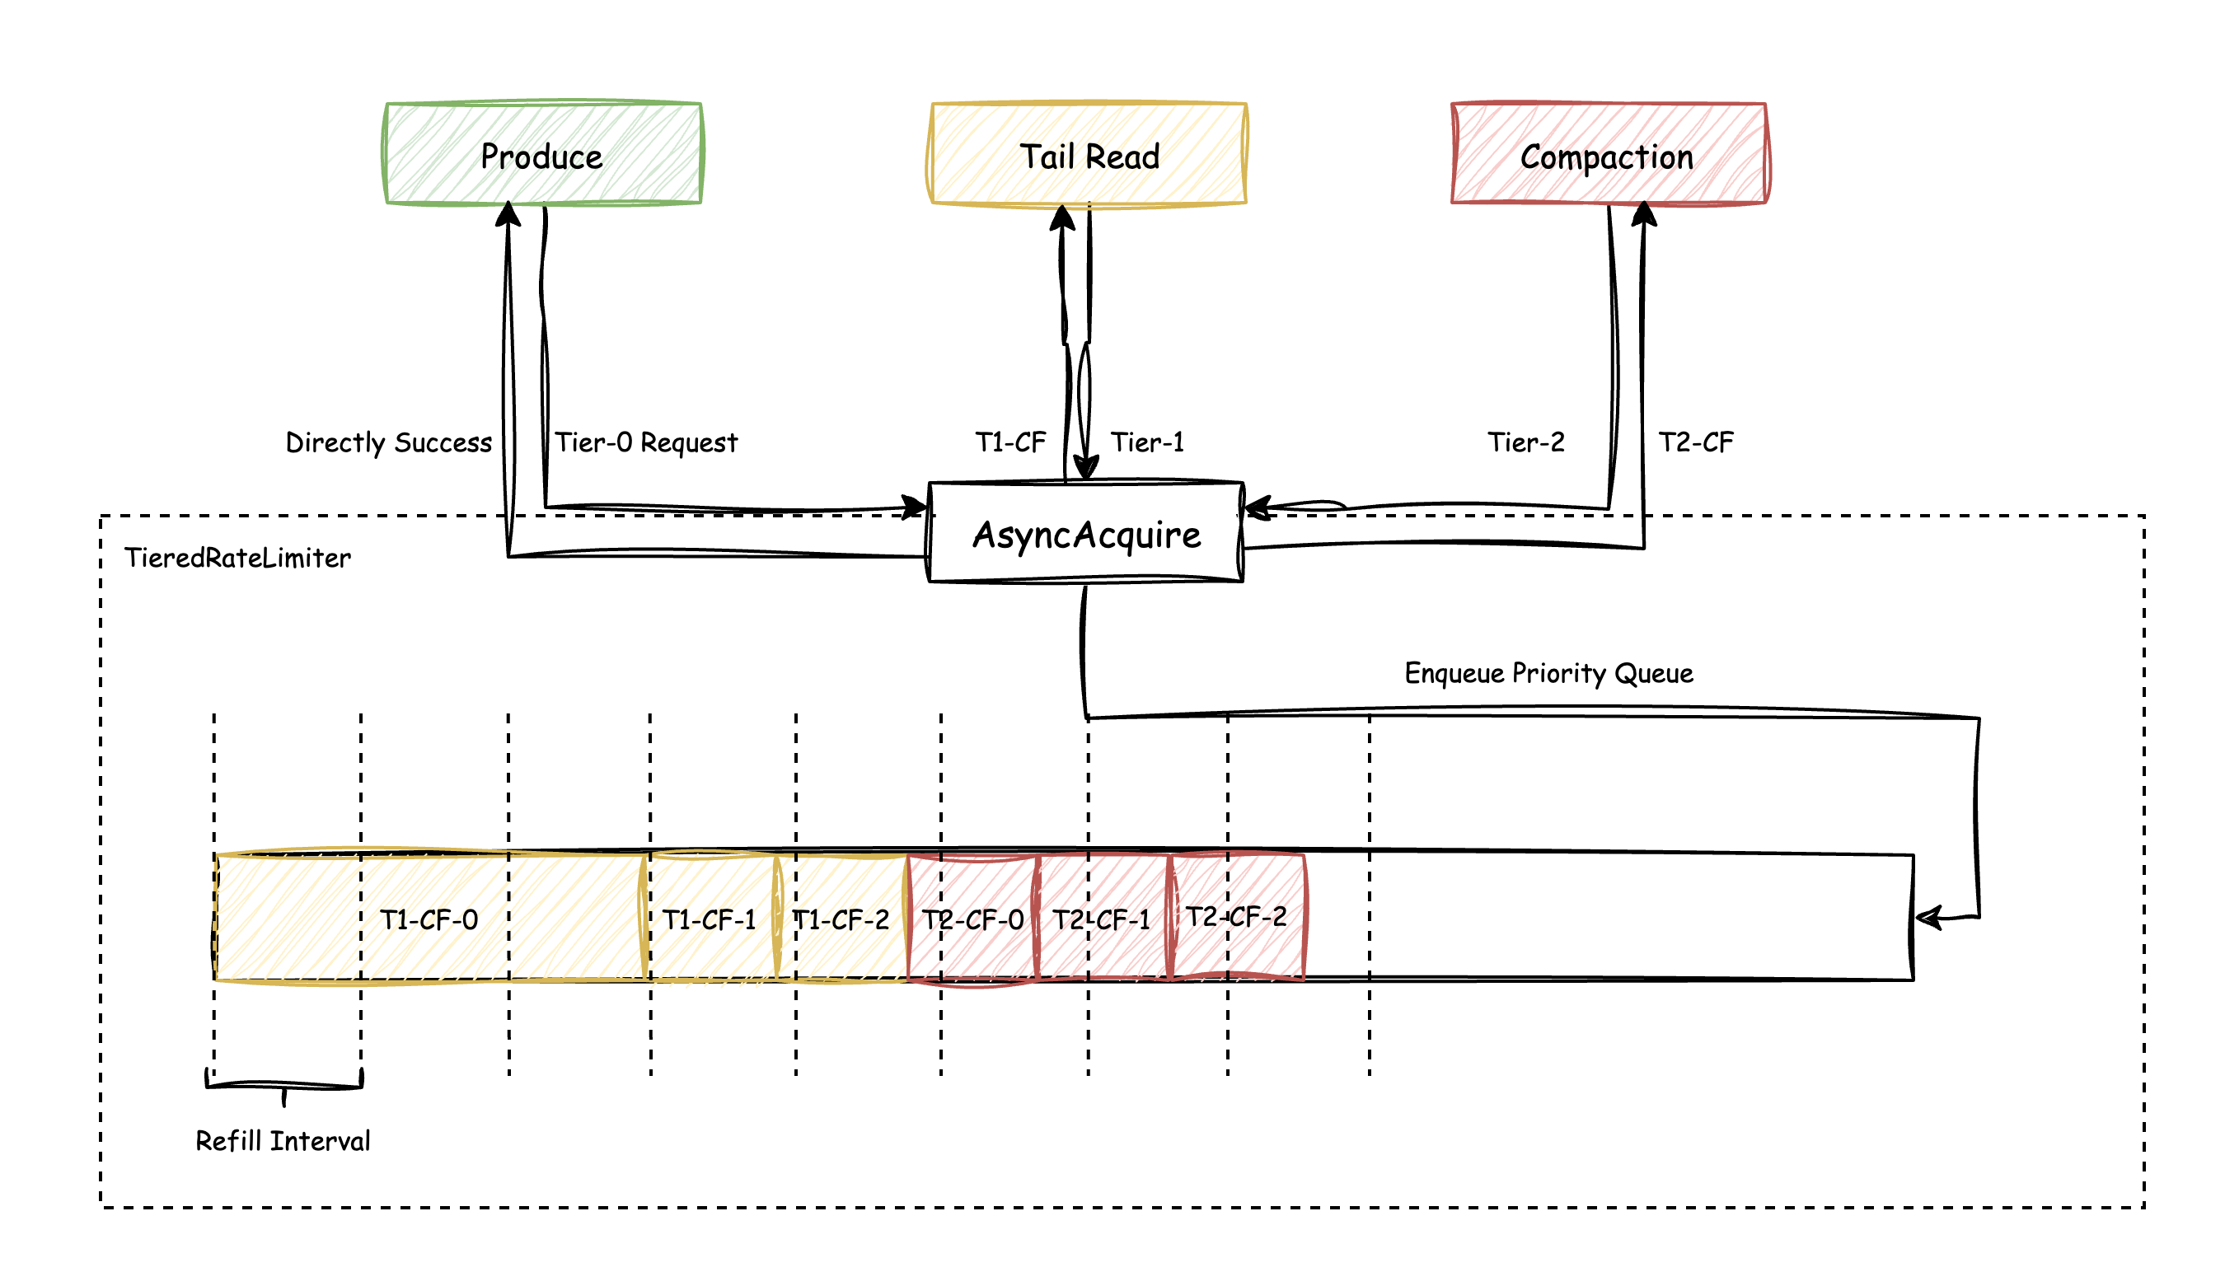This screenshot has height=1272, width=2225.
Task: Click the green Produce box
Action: coord(543,155)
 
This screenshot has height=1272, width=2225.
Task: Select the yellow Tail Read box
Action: coord(1088,155)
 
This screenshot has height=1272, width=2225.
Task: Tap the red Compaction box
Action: coord(1608,155)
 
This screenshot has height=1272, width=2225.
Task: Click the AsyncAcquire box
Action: coord(1085,533)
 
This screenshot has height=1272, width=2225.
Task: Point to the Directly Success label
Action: coord(388,442)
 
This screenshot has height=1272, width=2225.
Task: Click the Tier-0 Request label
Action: coord(646,442)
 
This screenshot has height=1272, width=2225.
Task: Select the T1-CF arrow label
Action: coord(1010,442)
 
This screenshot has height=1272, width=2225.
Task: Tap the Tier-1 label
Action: coord(1147,442)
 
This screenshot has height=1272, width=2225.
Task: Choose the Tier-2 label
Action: coord(1526,442)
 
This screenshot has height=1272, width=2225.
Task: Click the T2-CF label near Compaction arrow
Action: coord(1695,442)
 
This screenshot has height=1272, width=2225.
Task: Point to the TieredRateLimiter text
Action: coord(237,558)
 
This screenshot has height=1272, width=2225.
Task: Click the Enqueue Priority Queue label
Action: coord(1548,673)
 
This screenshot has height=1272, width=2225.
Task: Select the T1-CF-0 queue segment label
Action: coord(429,919)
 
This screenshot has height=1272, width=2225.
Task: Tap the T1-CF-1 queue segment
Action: coord(710,919)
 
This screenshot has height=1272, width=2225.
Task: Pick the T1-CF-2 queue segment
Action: coord(841,919)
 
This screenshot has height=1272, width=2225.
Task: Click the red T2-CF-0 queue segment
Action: coord(972,919)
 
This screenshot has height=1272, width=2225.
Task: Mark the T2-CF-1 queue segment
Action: coord(1101,919)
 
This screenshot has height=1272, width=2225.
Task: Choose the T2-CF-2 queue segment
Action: coord(1236,916)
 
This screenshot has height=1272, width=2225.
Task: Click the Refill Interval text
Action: coord(283,1141)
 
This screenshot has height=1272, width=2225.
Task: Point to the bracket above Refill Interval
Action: coord(284,1085)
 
